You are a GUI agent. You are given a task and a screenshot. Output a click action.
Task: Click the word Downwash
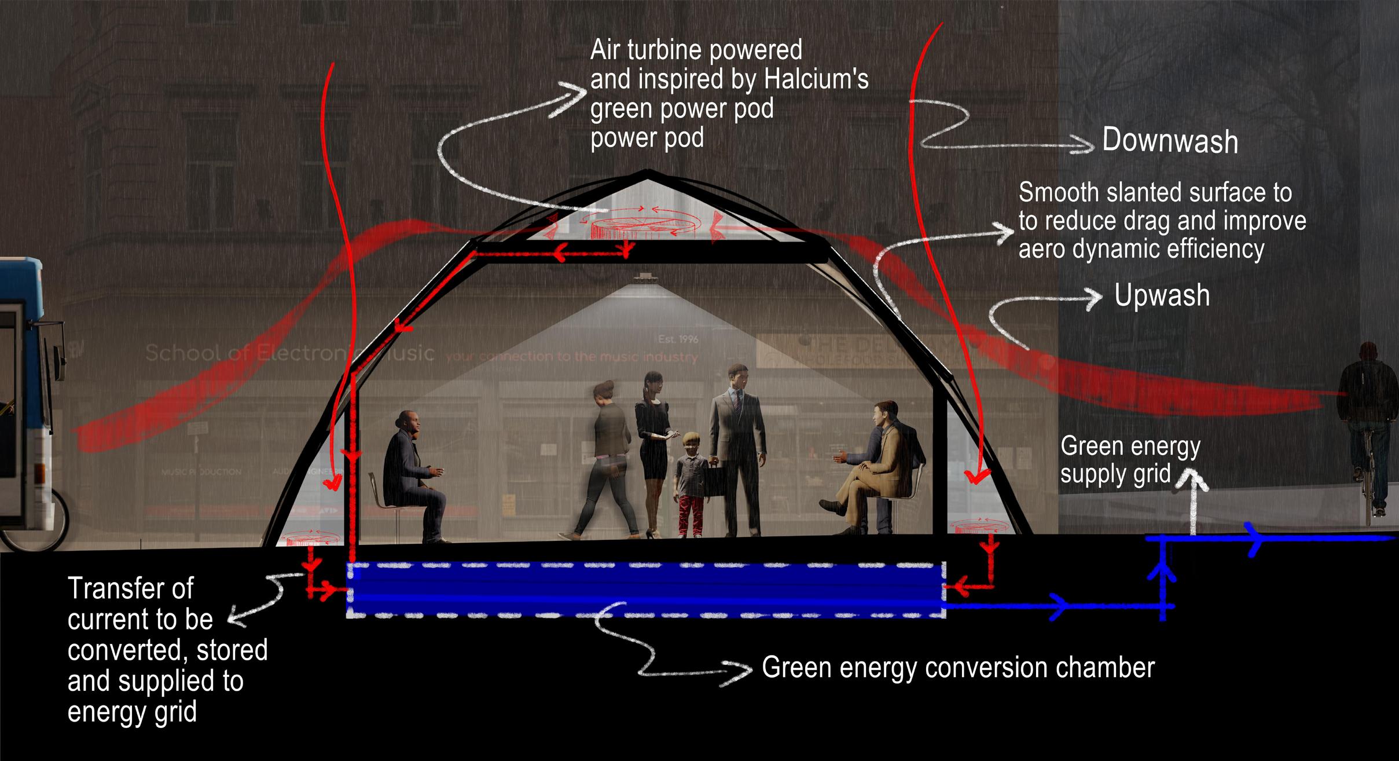1169,141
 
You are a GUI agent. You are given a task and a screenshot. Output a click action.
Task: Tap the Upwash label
1162,295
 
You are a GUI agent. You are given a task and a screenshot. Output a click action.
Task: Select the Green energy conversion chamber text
958,668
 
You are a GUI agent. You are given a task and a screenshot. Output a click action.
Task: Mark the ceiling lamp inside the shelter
644,279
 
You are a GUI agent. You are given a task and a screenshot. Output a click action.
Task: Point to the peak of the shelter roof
648,171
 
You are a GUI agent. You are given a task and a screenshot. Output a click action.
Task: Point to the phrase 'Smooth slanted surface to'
1155,193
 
